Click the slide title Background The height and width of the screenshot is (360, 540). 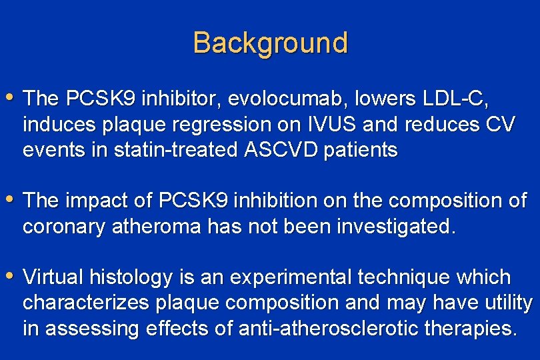point(270,43)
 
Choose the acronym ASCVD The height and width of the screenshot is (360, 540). point(273,150)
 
